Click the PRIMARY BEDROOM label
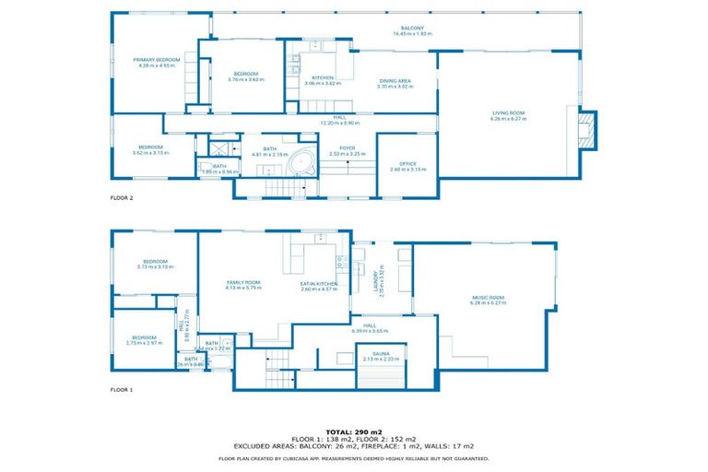click(156, 59)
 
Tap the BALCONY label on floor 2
click(412, 28)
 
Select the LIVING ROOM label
click(508, 112)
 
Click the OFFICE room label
click(407, 164)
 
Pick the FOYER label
click(348, 147)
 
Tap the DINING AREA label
click(395, 81)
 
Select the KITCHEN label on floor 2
click(322, 77)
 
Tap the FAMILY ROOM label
click(244, 283)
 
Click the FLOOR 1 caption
click(122, 389)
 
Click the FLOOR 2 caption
click(122, 197)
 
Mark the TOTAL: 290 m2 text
click(354, 431)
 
